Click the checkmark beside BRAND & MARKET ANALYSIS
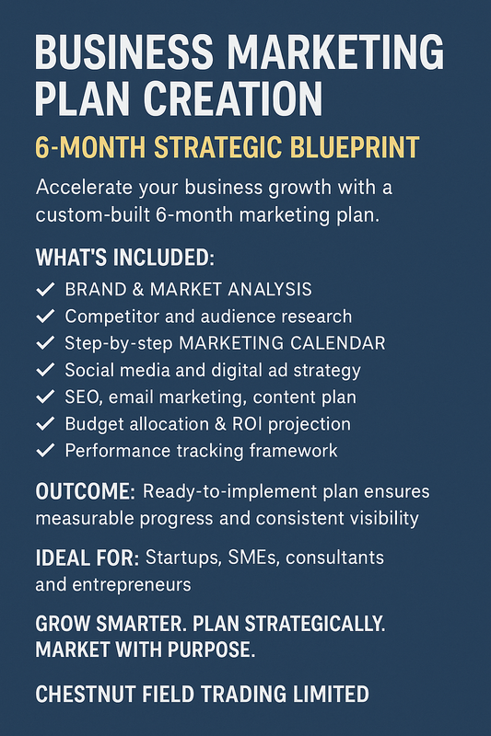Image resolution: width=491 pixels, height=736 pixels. (45, 289)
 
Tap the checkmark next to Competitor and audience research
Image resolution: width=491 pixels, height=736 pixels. (45, 316)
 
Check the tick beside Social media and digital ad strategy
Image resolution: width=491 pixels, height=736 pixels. (45, 370)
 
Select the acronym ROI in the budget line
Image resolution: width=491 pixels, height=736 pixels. (277, 424)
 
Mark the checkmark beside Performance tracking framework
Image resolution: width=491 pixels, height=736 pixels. (45, 451)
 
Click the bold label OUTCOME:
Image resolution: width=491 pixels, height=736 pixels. (85, 491)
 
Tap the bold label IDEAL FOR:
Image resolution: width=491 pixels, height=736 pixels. (86, 558)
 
